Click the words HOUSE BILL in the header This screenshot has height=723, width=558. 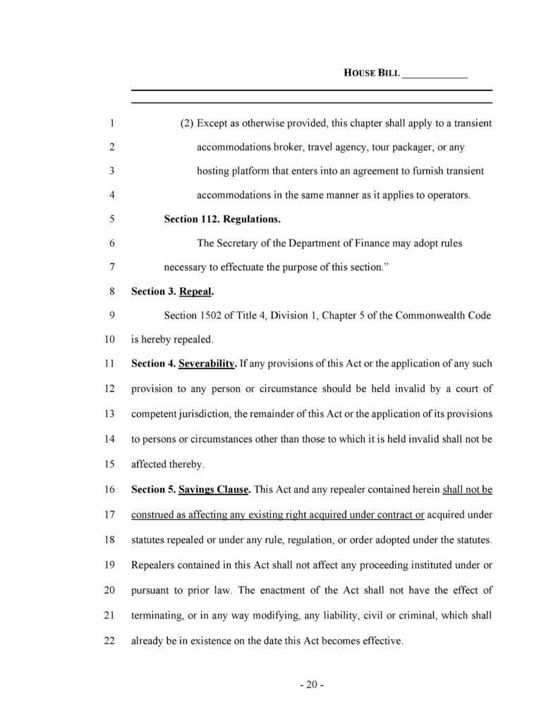pyautogui.click(x=371, y=73)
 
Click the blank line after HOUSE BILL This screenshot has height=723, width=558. pyautogui.click(x=435, y=73)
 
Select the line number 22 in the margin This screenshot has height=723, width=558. pyautogui.click(x=109, y=642)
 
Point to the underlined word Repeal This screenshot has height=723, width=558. pyautogui.click(x=196, y=291)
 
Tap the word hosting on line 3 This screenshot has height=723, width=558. pyautogui.click(x=213, y=172)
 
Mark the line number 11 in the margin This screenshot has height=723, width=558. pyautogui.click(x=109, y=365)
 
